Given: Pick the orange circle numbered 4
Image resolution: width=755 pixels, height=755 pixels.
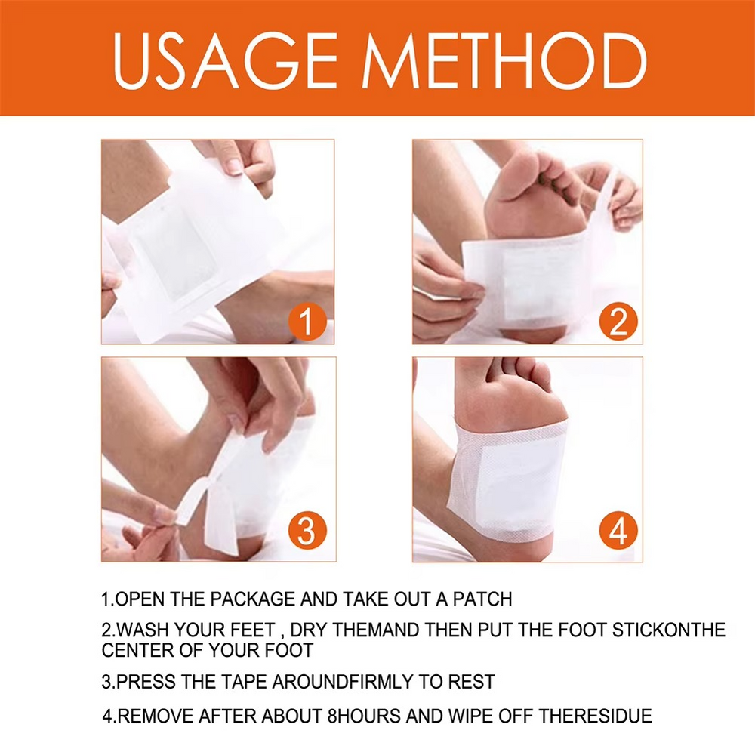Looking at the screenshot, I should [618, 532].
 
